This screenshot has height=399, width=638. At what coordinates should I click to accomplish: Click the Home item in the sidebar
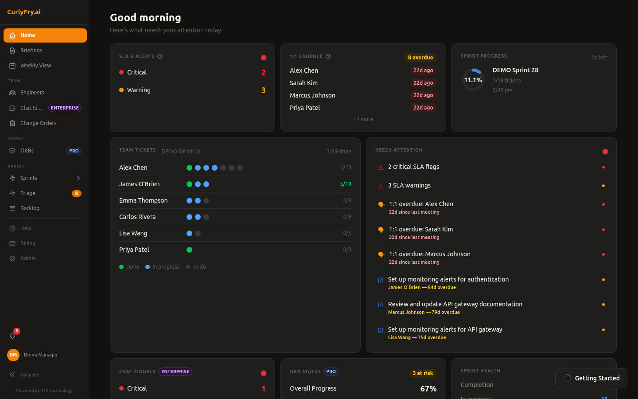click(x=45, y=35)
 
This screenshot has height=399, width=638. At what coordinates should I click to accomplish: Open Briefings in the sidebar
click(x=31, y=51)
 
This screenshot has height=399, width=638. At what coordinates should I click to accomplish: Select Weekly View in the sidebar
click(x=35, y=66)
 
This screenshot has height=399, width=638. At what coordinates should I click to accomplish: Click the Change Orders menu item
click(x=38, y=123)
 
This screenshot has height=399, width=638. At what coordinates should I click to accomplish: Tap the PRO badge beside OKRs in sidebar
click(x=74, y=151)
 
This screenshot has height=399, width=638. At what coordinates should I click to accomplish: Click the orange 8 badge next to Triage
click(x=77, y=193)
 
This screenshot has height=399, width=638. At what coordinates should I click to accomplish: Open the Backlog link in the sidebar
click(x=30, y=208)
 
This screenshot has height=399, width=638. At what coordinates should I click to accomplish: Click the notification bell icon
click(x=12, y=336)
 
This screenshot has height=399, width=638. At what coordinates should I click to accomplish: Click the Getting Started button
click(x=591, y=378)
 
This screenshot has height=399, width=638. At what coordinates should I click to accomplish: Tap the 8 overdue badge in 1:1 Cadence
click(x=420, y=58)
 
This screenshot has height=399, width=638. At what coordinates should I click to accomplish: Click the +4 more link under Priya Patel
click(x=363, y=119)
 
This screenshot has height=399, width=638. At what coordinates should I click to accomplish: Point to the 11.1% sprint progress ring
click(x=473, y=80)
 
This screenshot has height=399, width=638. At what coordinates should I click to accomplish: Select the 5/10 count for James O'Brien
click(x=346, y=184)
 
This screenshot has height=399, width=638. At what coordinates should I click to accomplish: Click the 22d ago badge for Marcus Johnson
click(x=423, y=95)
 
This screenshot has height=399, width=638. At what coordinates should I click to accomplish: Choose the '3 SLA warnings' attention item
click(x=409, y=186)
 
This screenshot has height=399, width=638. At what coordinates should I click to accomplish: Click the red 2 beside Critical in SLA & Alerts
click(x=264, y=73)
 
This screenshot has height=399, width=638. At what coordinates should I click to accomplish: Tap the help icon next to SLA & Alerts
click(x=160, y=56)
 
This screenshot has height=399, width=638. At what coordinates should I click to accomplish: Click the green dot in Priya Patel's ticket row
click(x=189, y=250)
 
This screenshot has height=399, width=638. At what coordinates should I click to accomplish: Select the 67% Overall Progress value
click(x=428, y=389)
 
